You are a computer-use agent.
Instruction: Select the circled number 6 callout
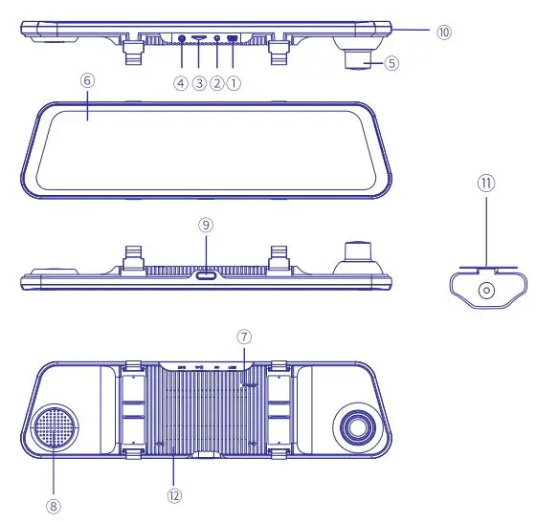[x=87, y=81]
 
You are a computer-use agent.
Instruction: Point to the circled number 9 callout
[x=206, y=226]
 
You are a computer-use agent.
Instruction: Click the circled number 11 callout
[x=487, y=182]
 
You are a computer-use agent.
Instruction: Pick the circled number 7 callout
[x=245, y=337]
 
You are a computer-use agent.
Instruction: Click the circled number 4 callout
[x=181, y=83]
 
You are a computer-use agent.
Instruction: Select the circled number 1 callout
[x=234, y=83]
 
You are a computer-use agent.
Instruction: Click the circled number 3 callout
[x=199, y=83]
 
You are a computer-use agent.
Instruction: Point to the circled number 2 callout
[x=216, y=83]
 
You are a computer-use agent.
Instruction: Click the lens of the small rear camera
[x=487, y=289]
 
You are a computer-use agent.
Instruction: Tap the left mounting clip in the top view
[x=130, y=52]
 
